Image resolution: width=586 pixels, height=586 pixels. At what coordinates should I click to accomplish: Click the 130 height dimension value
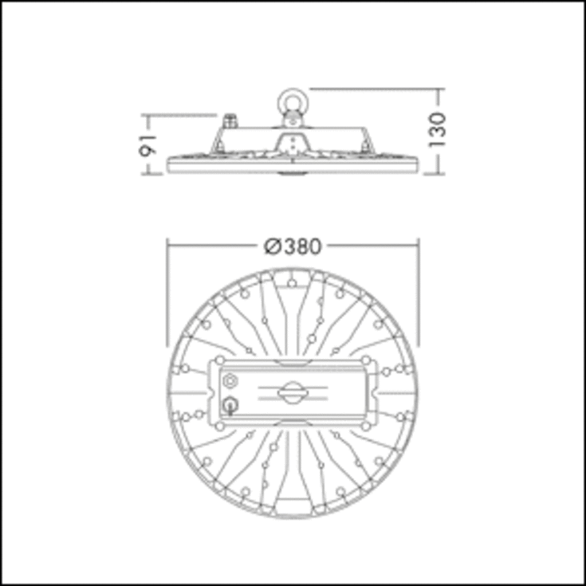coord(438,129)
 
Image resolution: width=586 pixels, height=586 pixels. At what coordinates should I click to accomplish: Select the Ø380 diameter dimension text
coord(293,246)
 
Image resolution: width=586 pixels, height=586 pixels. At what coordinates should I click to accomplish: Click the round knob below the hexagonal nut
coord(231,405)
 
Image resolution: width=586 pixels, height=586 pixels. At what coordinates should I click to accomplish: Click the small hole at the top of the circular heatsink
coord(293,282)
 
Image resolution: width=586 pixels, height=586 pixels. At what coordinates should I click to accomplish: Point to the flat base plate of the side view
coord(293,165)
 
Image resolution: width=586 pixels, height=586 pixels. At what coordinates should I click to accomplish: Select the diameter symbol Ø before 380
coord(272,246)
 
